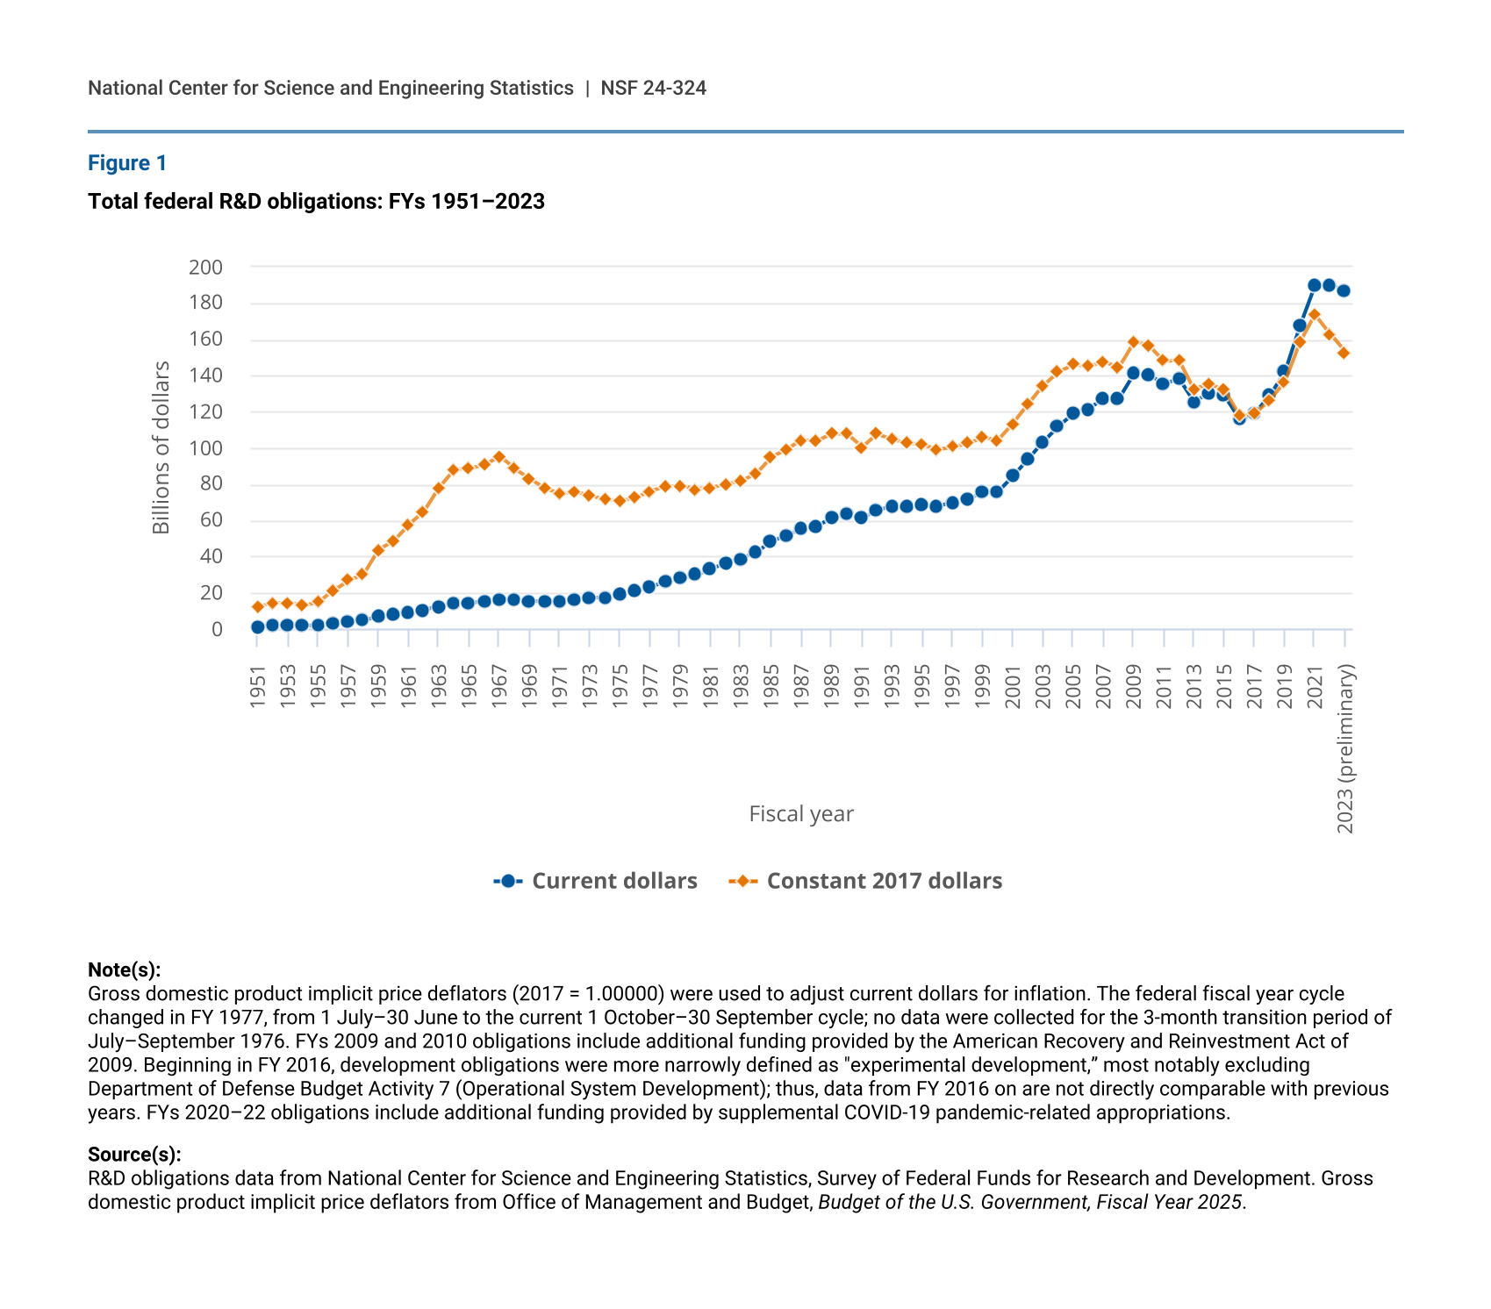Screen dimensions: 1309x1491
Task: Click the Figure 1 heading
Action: [127, 163]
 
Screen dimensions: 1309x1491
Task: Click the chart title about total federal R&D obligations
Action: [316, 202]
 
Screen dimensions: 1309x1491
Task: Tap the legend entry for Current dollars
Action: [597, 881]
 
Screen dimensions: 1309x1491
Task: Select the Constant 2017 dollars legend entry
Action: [866, 881]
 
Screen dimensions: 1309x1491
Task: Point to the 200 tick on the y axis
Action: [205, 267]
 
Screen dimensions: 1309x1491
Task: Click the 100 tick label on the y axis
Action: [205, 448]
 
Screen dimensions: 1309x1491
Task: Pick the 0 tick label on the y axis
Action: [216, 629]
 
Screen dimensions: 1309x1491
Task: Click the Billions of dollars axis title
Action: [161, 447]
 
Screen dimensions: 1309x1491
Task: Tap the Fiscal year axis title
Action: [800, 814]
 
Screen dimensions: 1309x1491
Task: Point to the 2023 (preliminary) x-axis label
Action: [1345, 747]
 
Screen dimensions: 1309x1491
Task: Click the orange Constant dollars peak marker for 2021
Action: [1314, 314]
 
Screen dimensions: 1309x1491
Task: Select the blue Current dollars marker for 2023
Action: [1344, 290]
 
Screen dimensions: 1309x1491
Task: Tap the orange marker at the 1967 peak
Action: [498, 457]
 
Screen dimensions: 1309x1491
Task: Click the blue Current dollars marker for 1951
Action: [257, 627]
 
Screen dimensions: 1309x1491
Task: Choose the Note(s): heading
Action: [124, 969]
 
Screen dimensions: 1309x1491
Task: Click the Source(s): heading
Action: [134, 1154]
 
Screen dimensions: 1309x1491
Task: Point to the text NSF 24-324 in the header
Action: [653, 88]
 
